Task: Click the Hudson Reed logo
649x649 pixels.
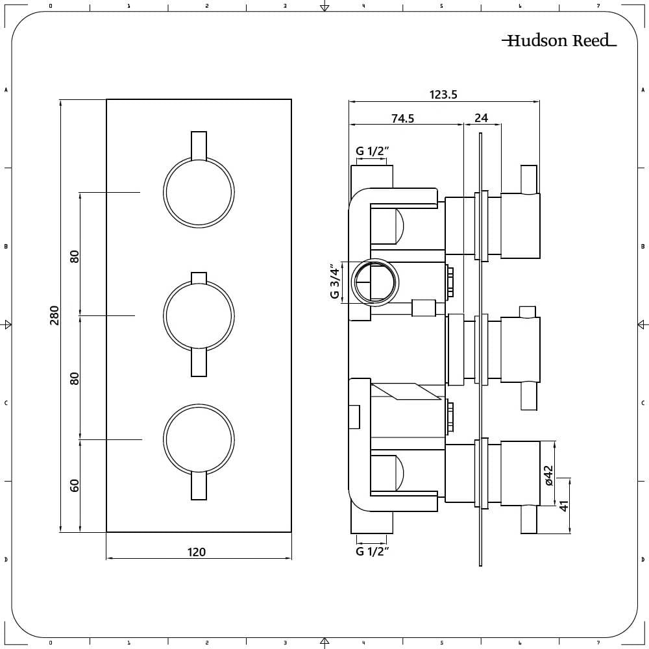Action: click(x=559, y=41)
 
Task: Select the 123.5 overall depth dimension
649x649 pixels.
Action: click(x=443, y=95)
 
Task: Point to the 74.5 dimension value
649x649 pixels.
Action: click(x=402, y=118)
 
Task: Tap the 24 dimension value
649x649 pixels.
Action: click(x=481, y=118)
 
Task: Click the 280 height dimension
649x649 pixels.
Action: click(x=55, y=315)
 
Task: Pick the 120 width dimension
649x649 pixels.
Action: click(x=196, y=552)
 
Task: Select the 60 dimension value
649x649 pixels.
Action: click(x=75, y=485)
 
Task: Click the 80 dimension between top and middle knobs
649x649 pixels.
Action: click(x=75, y=256)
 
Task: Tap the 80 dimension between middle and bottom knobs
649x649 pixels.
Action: click(x=75, y=378)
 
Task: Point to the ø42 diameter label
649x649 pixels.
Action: click(x=548, y=476)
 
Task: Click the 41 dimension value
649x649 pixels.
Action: click(x=564, y=505)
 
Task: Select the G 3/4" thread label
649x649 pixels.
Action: click(x=335, y=282)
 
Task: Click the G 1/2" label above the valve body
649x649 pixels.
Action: click(x=372, y=151)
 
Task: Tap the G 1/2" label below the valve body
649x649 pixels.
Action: click(x=372, y=552)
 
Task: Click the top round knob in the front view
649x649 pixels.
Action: click(x=198, y=193)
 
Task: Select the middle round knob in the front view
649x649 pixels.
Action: click(x=198, y=316)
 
